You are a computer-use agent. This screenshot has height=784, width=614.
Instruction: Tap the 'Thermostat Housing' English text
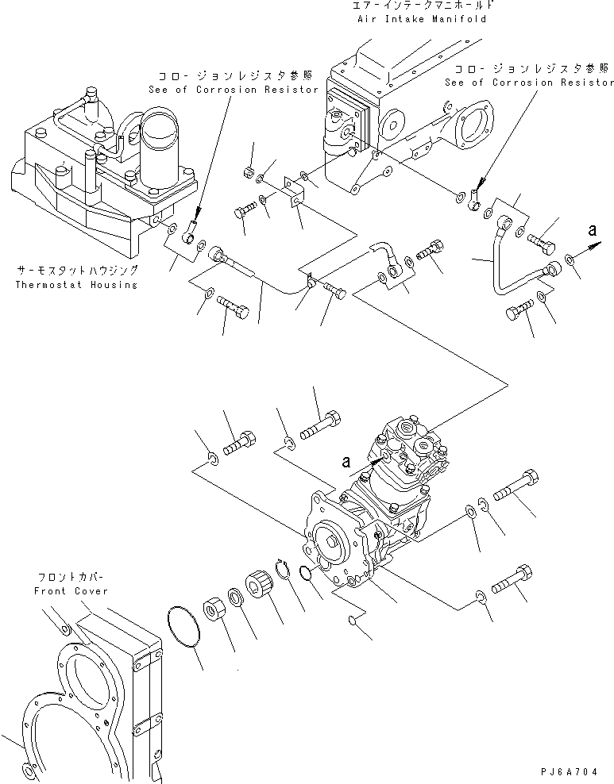point(75,284)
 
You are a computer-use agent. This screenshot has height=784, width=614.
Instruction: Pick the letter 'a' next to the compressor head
point(346,459)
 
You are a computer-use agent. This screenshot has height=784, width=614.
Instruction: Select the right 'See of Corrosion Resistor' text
point(530,82)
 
